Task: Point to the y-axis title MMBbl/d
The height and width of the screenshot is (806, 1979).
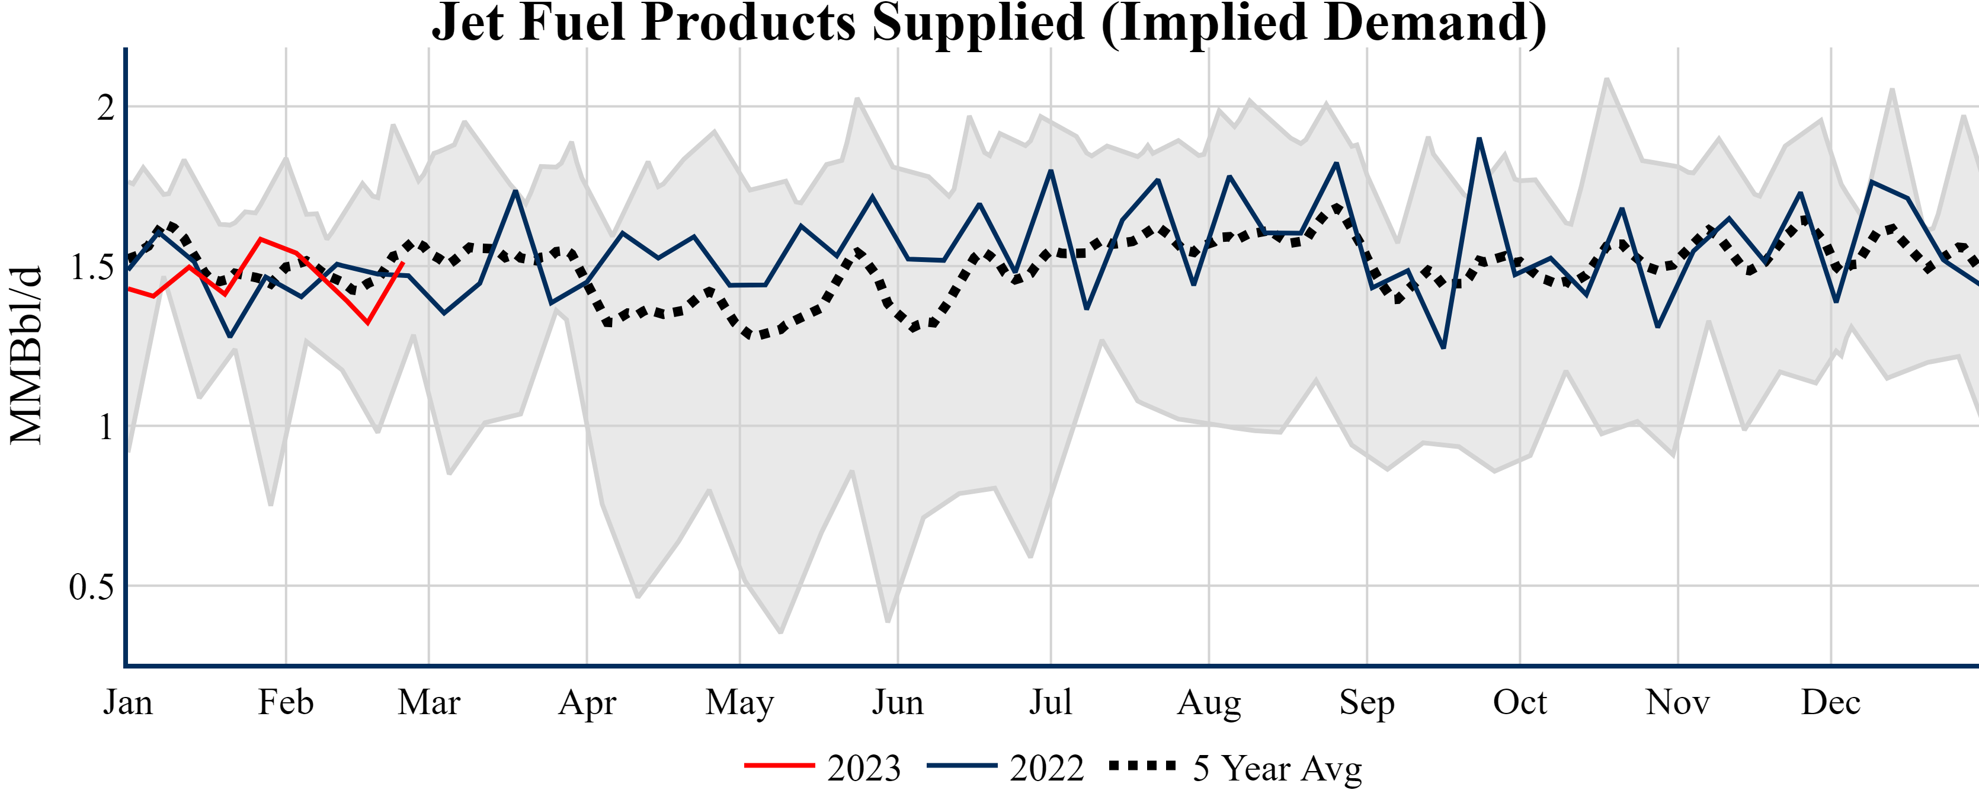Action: (x=26, y=355)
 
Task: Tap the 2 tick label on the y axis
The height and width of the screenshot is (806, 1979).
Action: (x=105, y=108)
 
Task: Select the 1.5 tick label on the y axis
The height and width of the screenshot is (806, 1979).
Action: (x=91, y=267)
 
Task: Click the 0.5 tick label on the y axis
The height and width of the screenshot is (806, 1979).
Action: (x=91, y=587)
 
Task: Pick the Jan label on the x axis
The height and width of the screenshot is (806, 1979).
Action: (x=129, y=702)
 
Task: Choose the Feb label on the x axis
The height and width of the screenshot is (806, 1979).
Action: (x=286, y=702)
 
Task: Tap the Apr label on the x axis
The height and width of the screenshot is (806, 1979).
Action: (x=587, y=702)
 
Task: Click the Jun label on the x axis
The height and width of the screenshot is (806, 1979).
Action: (x=897, y=702)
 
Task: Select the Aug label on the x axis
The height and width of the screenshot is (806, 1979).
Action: (x=1209, y=702)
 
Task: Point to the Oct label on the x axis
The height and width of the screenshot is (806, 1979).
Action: (x=1520, y=702)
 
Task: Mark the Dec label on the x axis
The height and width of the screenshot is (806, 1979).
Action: (x=1831, y=702)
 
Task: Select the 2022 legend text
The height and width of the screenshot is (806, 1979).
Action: (x=1046, y=767)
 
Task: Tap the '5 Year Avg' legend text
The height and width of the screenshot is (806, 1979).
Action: (x=1277, y=767)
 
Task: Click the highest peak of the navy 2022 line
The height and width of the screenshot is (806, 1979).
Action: (x=1479, y=139)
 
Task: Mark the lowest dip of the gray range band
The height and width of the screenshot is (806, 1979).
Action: (x=780, y=632)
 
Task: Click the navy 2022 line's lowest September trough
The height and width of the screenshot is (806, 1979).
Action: (x=1443, y=347)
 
